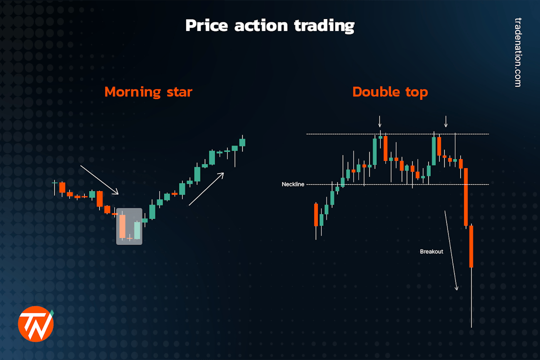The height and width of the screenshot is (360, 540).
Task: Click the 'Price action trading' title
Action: click(x=269, y=25)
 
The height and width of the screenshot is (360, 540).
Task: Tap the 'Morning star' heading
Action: click(x=148, y=92)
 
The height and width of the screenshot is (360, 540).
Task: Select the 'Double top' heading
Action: click(x=390, y=92)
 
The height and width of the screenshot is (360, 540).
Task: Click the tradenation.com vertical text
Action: click(x=517, y=52)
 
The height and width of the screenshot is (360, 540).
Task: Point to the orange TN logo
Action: click(x=36, y=323)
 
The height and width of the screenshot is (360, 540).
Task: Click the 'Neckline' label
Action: click(x=292, y=184)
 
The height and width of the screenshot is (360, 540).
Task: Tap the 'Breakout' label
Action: click(x=431, y=251)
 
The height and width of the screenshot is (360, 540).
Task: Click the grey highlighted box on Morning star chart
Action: click(x=129, y=226)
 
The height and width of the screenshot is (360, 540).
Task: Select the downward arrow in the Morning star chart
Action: click(x=99, y=179)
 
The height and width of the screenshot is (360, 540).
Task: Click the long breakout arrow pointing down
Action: click(x=451, y=250)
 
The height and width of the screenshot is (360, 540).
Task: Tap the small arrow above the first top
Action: click(x=379, y=121)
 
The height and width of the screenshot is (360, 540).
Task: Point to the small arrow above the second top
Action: click(x=446, y=121)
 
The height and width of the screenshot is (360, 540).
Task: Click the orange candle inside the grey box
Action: click(x=122, y=226)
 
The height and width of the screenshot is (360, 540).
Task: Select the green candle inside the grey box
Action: click(x=137, y=229)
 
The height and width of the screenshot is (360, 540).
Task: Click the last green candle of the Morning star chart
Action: click(x=242, y=142)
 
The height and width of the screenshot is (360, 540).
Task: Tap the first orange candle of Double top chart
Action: click(x=316, y=214)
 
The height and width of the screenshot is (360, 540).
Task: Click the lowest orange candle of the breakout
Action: click(x=471, y=246)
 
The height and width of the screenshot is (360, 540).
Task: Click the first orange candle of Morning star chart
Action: click(x=62, y=187)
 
